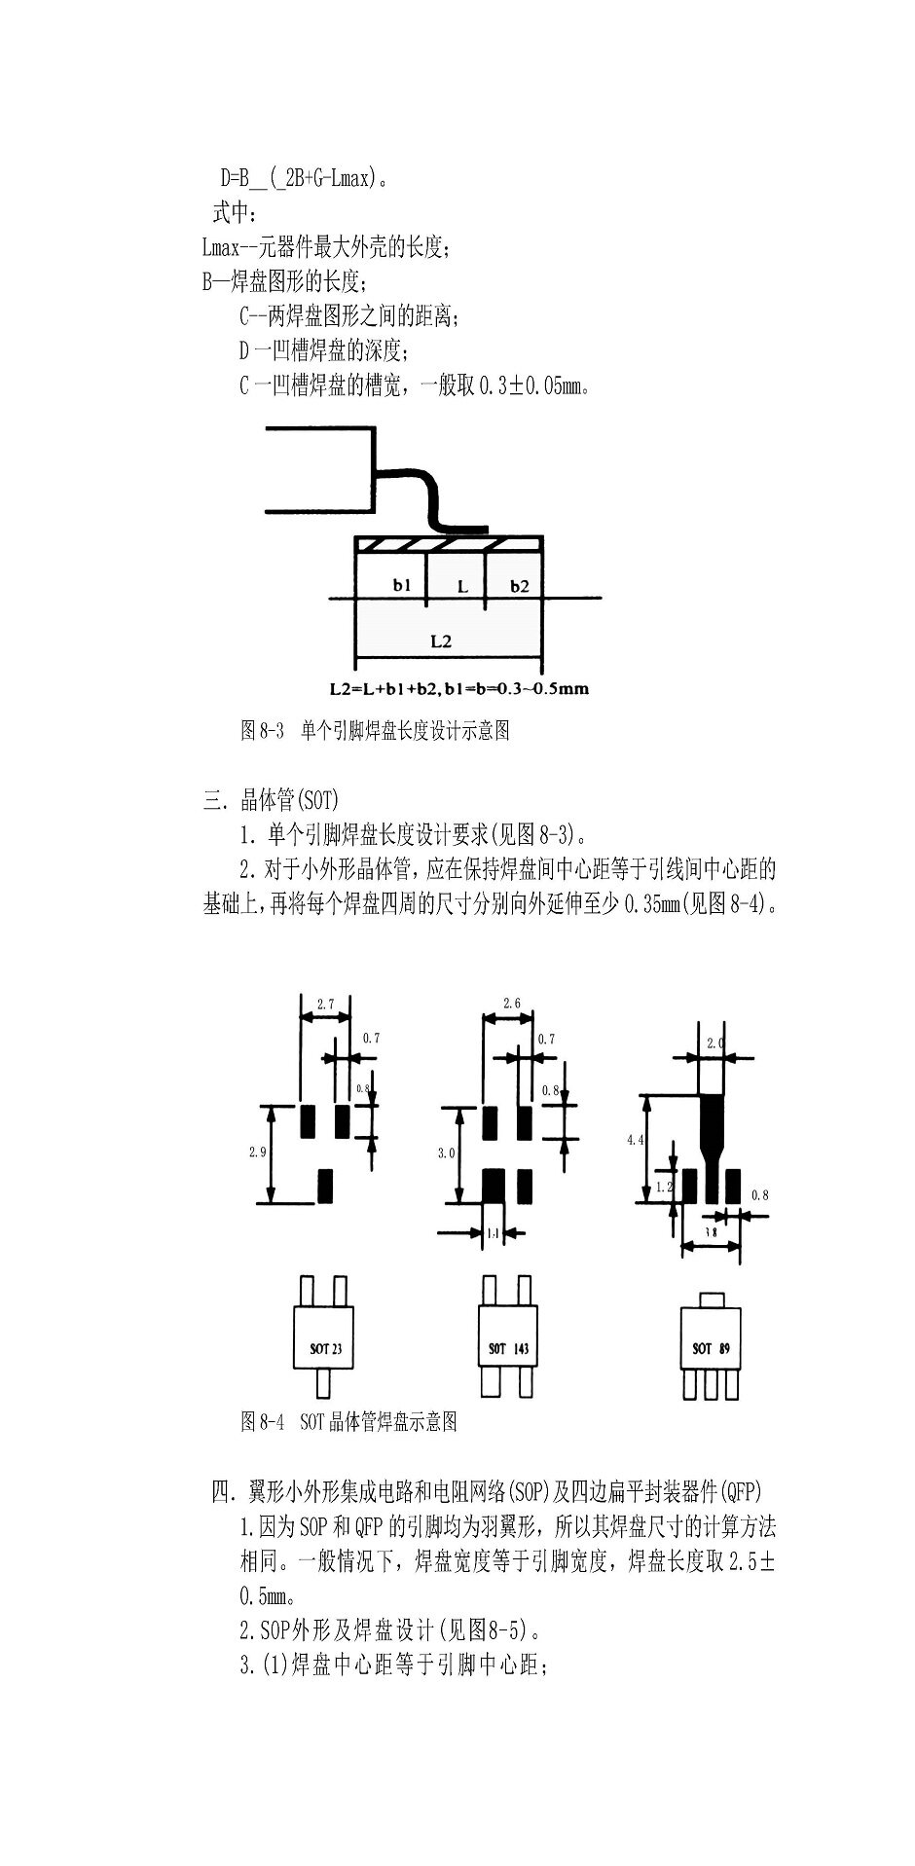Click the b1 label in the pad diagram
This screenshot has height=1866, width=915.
[402, 585]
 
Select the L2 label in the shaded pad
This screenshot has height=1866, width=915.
[441, 641]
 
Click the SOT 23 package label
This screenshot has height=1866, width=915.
[326, 1350]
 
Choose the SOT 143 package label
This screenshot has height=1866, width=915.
[508, 1349]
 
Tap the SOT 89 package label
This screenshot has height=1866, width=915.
[711, 1349]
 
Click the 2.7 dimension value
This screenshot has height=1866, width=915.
[326, 1003]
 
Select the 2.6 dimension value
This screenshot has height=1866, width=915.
[511, 1003]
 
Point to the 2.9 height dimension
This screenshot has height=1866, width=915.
[257, 1152]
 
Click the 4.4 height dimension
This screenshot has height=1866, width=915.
[636, 1140]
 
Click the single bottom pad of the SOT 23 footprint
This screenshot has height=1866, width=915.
[326, 1186]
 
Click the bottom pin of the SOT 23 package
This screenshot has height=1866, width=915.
[325, 1383]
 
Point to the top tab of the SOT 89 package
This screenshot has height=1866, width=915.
[711, 1299]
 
